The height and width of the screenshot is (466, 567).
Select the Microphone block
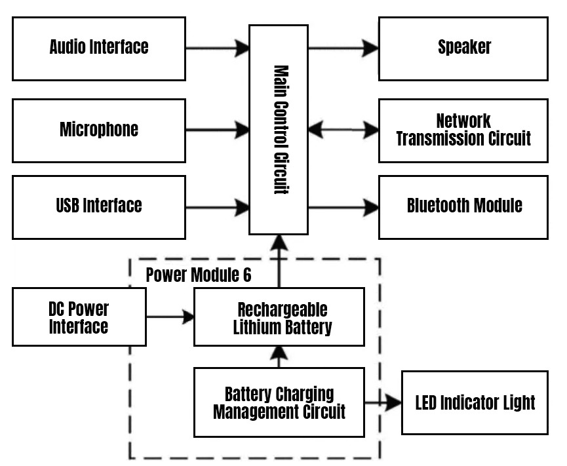(99, 130)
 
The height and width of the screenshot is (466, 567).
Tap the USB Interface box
(99, 206)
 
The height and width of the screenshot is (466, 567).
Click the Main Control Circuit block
(279, 130)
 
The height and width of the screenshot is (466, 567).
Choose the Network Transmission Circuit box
(463, 130)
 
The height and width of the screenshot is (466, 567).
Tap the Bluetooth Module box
(463, 206)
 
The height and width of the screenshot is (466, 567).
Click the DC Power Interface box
(79, 318)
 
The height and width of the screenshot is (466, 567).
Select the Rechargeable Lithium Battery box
(279, 318)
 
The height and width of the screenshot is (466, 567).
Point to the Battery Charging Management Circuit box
(279, 402)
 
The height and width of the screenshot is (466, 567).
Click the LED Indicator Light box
(475, 402)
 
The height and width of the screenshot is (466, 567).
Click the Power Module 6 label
(198, 275)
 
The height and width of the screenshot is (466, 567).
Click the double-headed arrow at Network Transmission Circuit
(343, 130)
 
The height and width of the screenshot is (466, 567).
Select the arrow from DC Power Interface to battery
(170, 318)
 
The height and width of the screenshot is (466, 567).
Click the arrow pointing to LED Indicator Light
(383, 402)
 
